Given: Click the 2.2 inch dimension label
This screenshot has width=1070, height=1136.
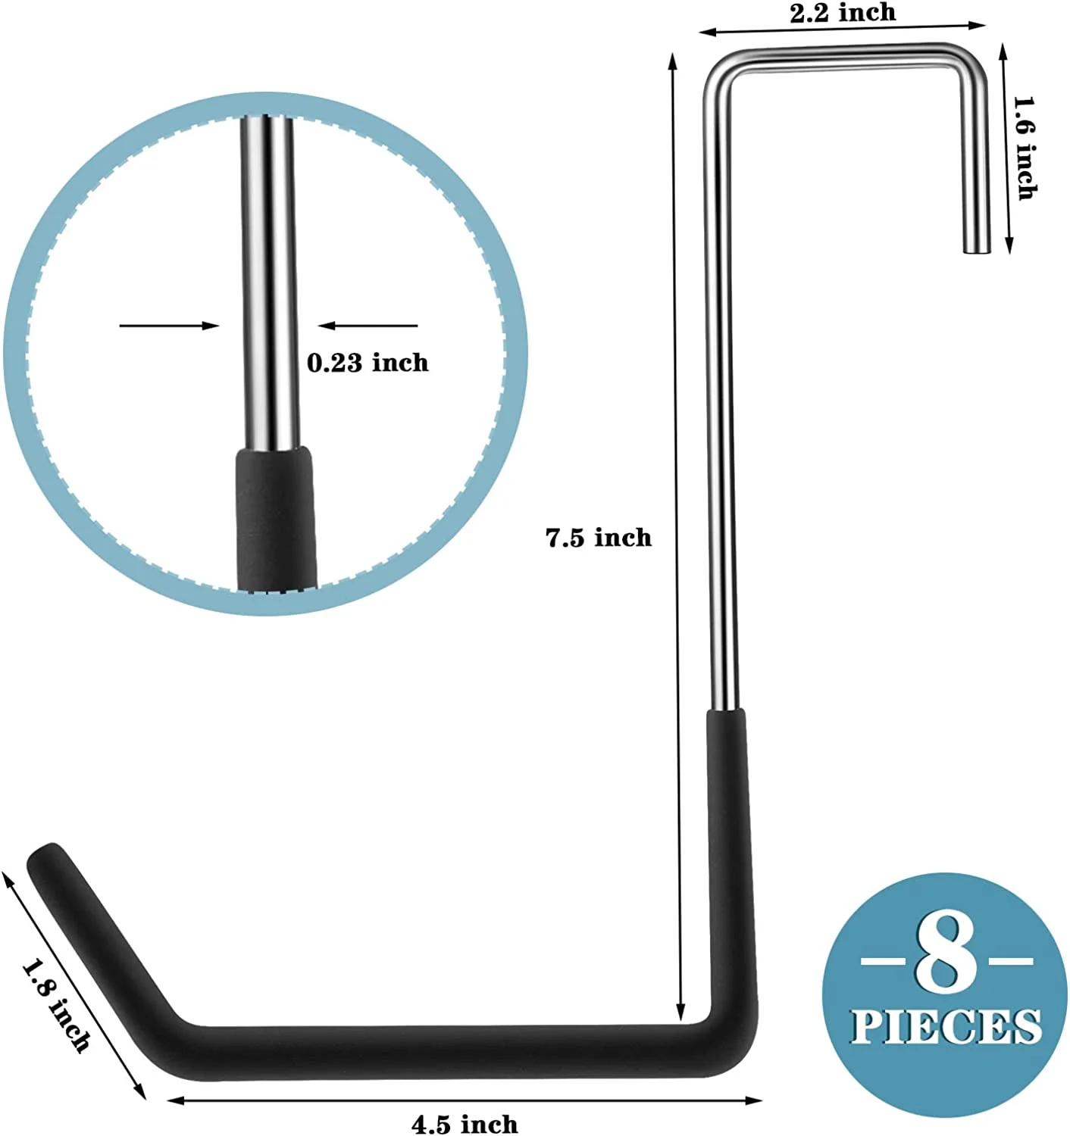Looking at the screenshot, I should [843, 13].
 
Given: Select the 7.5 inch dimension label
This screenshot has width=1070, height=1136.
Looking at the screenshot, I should [599, 538].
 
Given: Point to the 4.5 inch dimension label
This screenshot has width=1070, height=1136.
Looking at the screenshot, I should [465, 1124].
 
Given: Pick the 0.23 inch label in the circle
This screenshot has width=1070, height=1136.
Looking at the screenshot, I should [368, 363].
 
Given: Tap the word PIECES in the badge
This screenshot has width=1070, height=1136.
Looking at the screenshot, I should [946, 1027].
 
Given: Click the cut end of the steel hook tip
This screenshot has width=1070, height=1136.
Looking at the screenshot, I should [976, 248].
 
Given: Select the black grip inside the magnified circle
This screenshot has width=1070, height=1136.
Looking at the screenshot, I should [274, 515].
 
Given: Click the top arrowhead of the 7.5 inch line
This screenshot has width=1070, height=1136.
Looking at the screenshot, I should [672, 59].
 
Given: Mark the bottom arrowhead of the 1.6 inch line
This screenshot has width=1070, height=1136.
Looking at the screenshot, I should [1009, 245].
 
